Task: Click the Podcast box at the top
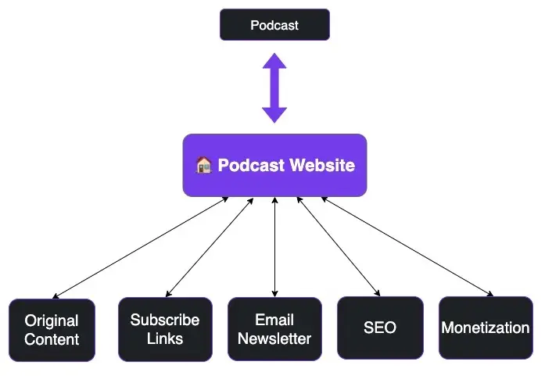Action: (x=274, y=25)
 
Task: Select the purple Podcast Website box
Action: (x=274, y=165)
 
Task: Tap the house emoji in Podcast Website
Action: (x=203, y=165)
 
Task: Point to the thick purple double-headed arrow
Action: (x=274, y=88)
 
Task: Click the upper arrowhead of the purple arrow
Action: (x=274, y=63)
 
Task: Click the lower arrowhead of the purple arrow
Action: (x=274, y=113)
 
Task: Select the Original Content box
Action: (x=52, y=329)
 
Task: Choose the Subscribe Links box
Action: (x=165, y=329)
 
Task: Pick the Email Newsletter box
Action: (x=274, y=329)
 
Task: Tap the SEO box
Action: (x=380, y=328)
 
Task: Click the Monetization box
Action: (x=485, y=328)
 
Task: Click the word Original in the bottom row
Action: (x=52, y=320)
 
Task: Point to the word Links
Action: (x=165, y=339)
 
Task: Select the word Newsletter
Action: (x=274, y=339)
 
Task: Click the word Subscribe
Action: (x=165, y=320)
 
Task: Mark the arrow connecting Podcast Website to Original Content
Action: (x=145, y=246)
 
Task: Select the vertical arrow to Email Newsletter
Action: (x=274, y=246)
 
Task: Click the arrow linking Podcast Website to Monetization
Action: (x=407, y=246)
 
